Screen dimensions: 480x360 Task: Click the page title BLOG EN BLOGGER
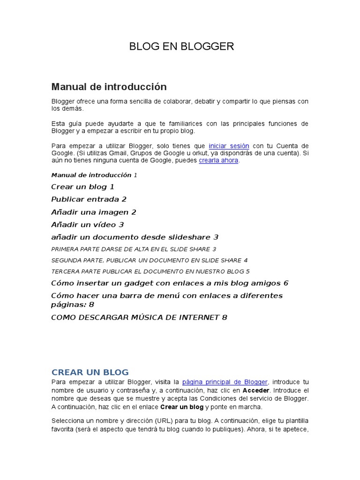[181, 46]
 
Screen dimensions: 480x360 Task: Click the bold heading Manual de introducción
[109, 87]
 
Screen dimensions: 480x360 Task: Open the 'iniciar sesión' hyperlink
[229, 146]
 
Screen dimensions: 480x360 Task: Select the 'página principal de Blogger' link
[225, 382]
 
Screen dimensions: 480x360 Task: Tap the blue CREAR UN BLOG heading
[90, 372]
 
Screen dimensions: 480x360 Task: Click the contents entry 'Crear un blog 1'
[82, 187]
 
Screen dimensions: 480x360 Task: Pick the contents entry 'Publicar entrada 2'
[89, 199]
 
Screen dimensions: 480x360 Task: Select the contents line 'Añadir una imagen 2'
[94, 212]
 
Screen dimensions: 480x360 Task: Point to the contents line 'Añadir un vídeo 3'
[87, 225]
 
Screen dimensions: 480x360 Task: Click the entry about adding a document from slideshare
[135, 237]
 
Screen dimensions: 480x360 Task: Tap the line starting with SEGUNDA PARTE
[149, 260]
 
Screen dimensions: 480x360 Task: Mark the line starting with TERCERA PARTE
[150, 271]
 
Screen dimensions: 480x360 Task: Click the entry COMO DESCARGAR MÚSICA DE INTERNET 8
[139, 317]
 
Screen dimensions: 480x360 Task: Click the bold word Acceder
[256, 390]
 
